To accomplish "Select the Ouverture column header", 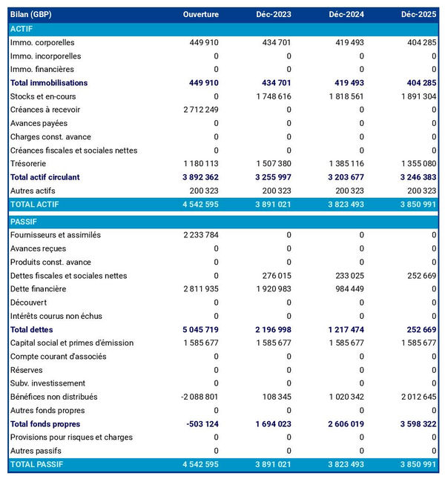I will [x=201, y=15].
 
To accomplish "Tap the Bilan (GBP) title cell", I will [x=31, y=15].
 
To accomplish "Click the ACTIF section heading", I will [x=22, y=29].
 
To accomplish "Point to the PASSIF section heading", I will [x=24, y=222].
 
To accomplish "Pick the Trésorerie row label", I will [x=30, y=164].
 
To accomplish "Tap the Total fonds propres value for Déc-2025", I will [x=414, y=423].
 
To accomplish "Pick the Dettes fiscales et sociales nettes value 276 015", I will [x=274, y=276].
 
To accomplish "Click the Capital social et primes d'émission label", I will [x=72, y=343].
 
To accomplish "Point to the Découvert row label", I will [x=28, y=303].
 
